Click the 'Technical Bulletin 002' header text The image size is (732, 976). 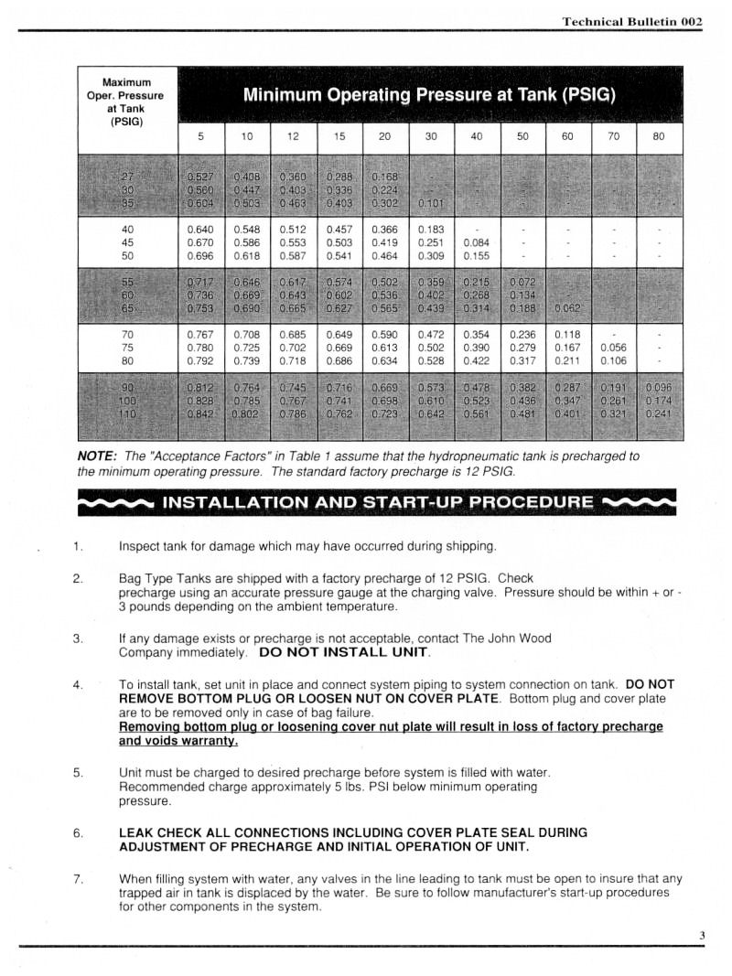pyautogui.click(x=631, y=20)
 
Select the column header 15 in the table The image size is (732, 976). pyautogui.click(x=339, y=137)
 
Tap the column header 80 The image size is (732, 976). pyautogui.click(x=659, y=137)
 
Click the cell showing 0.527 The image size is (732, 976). pyautogui.click(x=199, y=176)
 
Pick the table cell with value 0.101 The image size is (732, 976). pyautogui.click(x=431, y=203)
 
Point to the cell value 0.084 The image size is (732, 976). pyautogui.click(x=477, y=242)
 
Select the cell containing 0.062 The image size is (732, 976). pyautogui.click(x=569, y=307)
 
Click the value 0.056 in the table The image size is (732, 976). pyautogui.click(x=614, y=348)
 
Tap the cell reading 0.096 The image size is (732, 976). pyautogui.click(x=659, y=387)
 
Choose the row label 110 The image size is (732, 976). pyautogui.click(x=127, y=413)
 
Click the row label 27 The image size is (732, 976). pyautogui.click(x=127, y=176)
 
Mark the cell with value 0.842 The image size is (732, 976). pyautogui.click(x=199, y=413)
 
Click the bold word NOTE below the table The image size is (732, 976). pyautogui.click(x=96, y=456)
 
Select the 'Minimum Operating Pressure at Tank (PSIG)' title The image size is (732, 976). pyautogui.click(x=429, y=95)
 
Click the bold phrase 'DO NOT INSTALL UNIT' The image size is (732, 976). pyautogui.click(x=344, y=653)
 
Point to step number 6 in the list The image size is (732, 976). pyautogui.click(x=78, y=832)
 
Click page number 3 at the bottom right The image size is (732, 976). pyautogui.click(x=702, y=935)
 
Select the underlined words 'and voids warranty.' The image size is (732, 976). pyautogui.click(x=178, y=741)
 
